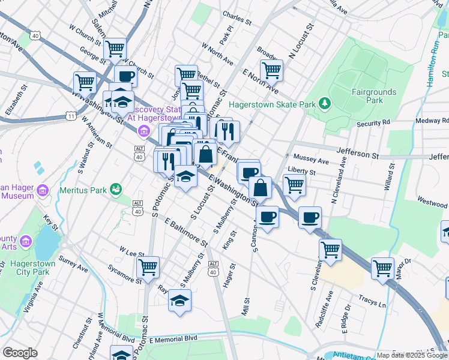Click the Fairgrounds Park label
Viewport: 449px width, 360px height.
tap(367, 96)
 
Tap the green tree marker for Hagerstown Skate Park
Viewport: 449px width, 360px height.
tap(325, 104)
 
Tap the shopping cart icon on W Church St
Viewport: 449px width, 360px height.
tap(115, 49)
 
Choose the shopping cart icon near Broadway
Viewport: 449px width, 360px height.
tap(272, 70)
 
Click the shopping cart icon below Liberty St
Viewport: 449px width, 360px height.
tap(294, 184)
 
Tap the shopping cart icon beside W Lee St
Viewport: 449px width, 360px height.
tap(148, 266)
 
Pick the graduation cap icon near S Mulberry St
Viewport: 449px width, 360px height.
tap(179, 301)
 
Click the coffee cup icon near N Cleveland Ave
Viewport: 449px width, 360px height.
tap(310, 217)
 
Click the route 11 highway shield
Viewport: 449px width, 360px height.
tap(71, 116)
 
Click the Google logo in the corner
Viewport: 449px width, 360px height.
tap(19, 353)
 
